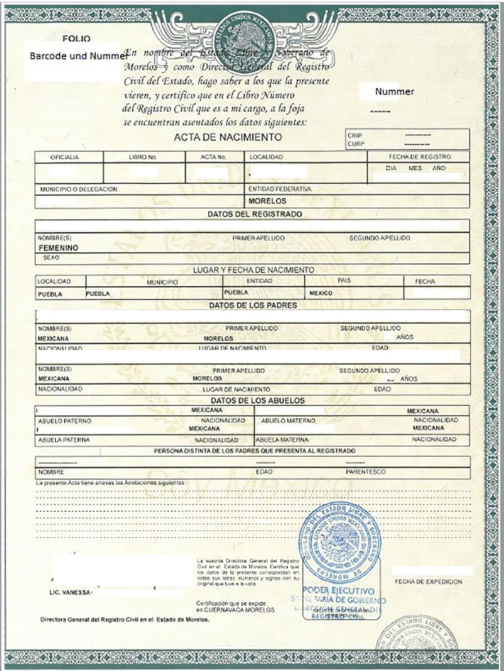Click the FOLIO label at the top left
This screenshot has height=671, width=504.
[x=76, y=39]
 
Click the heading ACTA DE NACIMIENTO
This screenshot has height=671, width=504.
[x=228, y=137]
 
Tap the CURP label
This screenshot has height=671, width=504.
[x=356, y=144]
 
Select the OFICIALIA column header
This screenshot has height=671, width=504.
[x=65, y=157]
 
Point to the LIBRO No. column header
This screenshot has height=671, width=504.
[x=143, y=157]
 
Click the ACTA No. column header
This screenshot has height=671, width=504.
[x=213, y=157]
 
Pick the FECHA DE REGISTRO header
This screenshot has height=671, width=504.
[x=419, y=157]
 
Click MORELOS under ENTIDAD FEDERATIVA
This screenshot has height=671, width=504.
[x=267, y=201]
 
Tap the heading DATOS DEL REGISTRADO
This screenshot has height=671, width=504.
[x=255, y=214]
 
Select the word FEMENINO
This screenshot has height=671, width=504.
[x=59, y=248]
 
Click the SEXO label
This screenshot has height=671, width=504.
[x=51, y=258]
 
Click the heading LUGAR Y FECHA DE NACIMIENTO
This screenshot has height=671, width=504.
[x=253, y=270]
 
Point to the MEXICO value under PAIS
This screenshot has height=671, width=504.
[x=321, y=293]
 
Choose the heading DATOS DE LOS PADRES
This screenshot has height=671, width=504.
[x=253, y=305]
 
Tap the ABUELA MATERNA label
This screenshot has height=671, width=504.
[x=282, y=440]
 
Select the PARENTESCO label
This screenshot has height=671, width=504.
[x=365, y=472]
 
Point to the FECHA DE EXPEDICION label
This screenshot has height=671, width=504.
[x=428, y=582]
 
